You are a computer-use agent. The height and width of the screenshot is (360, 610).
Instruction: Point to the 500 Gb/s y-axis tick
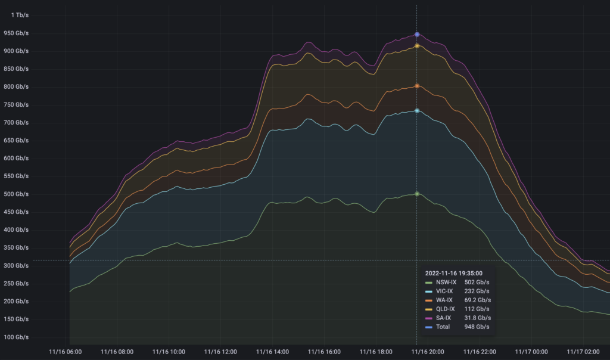pos(16,194)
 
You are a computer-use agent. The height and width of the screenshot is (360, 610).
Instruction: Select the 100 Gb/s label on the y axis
pos(16,337)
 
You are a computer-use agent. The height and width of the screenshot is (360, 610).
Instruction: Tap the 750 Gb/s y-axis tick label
pos(16,104)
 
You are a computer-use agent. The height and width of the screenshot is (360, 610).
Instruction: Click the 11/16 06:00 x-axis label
pos(66,352)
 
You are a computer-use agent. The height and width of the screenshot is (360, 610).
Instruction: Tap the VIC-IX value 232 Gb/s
pos(477,291)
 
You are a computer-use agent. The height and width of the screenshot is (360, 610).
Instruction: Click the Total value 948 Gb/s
pos(477,327)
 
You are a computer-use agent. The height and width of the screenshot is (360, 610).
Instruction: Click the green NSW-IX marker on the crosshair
pos(417,194)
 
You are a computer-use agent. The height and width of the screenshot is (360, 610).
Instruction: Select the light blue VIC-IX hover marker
pos(417,111)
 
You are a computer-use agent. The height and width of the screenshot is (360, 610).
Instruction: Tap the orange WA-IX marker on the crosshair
pos(417,86)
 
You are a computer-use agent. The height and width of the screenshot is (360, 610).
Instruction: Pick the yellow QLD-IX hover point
pos(417,46)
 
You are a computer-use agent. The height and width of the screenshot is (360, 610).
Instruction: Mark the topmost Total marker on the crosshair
pos(417,35)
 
